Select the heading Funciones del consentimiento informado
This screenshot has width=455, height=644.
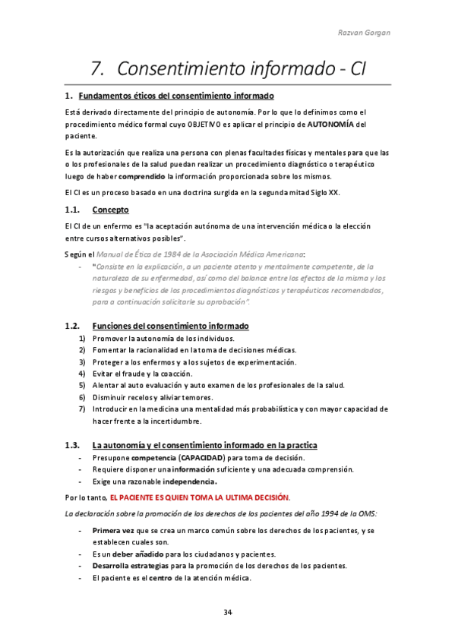tap(170, 326)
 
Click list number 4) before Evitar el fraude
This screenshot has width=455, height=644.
tap(82, 374)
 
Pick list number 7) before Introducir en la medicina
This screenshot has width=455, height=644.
tap(82, 409)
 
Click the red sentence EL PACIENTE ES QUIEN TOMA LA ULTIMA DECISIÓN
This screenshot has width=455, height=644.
tap(200, 497)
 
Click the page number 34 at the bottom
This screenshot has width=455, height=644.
tap(228, 612)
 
